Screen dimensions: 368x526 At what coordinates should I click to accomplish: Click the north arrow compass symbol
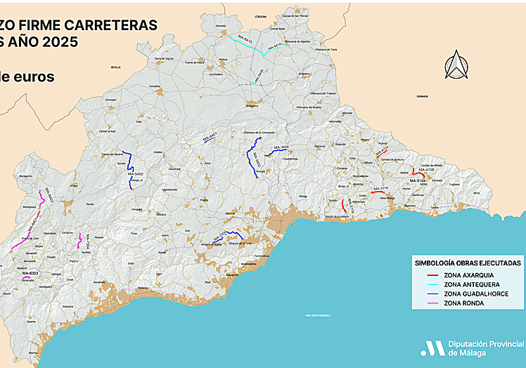click(454, 65)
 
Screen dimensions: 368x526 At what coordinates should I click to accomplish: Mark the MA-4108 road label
click(425, 169)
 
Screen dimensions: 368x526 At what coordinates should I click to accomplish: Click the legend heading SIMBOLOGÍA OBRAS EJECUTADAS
click(468, 262)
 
